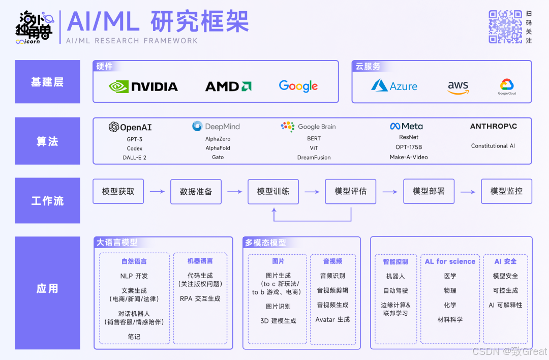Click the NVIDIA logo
point(143,86)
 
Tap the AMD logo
point(228,86)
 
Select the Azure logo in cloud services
point(394,85)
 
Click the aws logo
point(458,87)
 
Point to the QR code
point(505,26)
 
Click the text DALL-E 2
point(134,158)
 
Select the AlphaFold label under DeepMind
point(218,148)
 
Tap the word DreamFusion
point(314,158)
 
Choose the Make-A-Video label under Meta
point(408,157)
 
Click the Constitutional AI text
point(493,146)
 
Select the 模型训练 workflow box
point(273,191)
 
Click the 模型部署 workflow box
point(429,191)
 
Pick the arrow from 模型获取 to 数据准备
point(157,192)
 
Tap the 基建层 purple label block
point(47,82)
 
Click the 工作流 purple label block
point(47,200)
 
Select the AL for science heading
point(450,261)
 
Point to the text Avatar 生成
point(332,319)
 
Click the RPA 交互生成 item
point(200,298)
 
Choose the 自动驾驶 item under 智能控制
point(395,290)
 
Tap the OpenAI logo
point(130,127)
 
